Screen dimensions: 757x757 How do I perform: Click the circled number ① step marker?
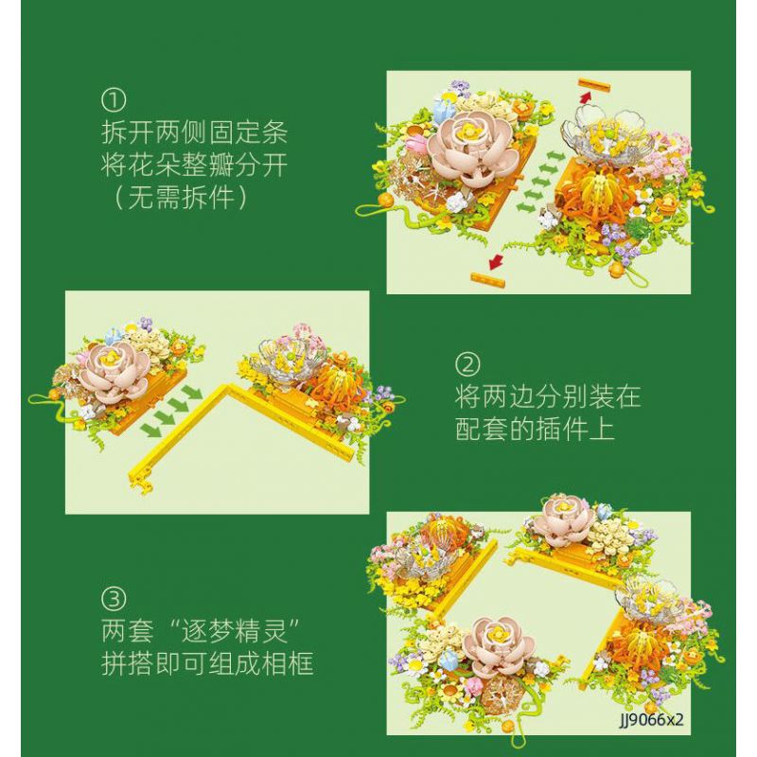point(114,100)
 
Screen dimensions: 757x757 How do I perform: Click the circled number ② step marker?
point(467,364)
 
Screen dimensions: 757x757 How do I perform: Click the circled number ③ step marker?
point(114,599)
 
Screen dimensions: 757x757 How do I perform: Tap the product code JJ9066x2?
point(652,719)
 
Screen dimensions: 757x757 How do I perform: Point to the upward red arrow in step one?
point(585,97)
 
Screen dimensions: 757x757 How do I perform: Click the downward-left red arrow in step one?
point(495,263)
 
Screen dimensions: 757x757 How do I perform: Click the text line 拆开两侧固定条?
point(195,132)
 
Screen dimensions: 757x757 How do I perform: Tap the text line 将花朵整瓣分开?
point(195,165)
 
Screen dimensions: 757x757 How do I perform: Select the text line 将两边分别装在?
point(548,396)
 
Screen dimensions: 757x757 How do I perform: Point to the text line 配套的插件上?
point(535,429)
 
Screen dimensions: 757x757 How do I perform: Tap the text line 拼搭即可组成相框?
point(207,663)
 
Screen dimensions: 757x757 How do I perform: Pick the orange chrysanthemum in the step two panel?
point(333,384)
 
